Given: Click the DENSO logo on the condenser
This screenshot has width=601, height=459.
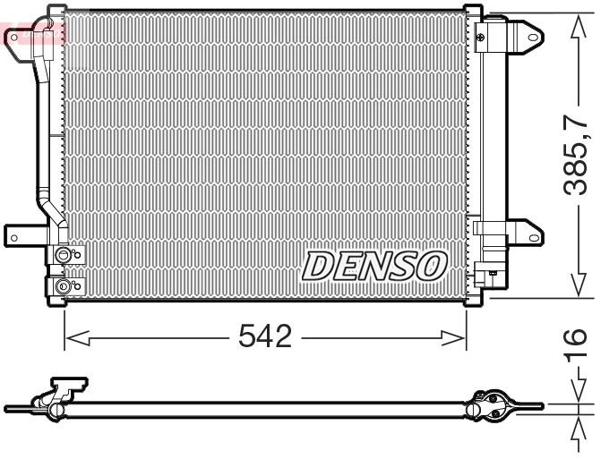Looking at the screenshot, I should [x=373, y=266].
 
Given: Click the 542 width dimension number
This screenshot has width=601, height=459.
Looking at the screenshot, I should [x=265, y=337].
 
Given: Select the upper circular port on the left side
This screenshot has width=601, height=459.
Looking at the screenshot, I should [x=63, y=257].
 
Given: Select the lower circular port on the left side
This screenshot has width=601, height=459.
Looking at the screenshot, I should [x=63, y=287].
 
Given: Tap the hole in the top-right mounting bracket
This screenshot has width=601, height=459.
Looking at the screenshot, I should [x=532, y=38].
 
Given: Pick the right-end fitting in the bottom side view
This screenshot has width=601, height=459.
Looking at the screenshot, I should [x=493, y=405].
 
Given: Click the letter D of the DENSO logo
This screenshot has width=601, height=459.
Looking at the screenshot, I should [x=318, y=266].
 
